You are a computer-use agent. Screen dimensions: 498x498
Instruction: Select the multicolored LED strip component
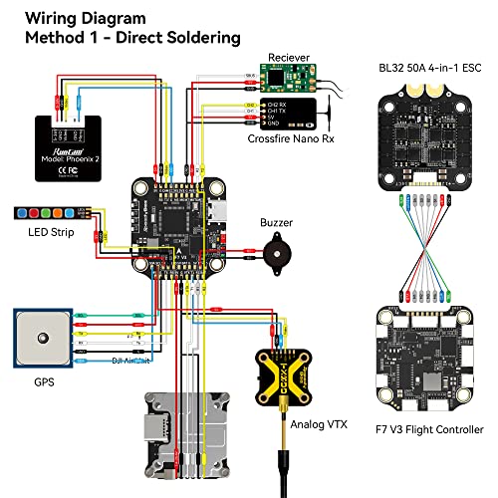[50, 212]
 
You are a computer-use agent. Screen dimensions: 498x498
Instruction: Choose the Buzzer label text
[276, 224]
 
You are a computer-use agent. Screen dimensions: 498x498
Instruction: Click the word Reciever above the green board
[286, 58]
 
